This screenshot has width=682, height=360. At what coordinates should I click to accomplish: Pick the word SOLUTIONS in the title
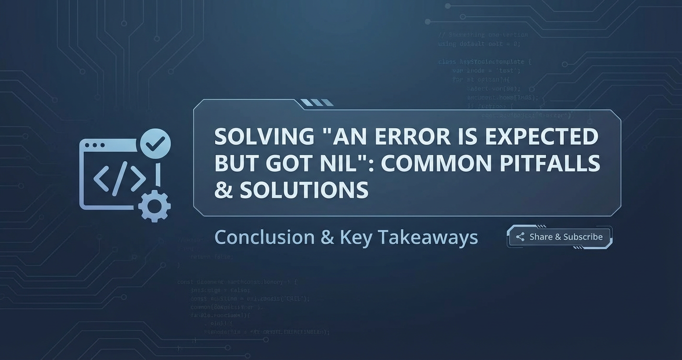coord(304,190)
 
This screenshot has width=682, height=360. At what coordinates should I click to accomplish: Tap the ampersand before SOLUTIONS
coord(223,190)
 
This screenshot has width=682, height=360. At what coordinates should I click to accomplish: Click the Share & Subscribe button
coord(559,237)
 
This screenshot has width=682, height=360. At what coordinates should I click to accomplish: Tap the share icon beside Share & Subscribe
coord(520,237)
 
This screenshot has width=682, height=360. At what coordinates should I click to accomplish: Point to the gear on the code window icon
coord(154,206)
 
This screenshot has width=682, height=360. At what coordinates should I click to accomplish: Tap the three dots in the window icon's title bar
coord(94,145)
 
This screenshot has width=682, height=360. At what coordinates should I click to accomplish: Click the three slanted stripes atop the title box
coord(317,102)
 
